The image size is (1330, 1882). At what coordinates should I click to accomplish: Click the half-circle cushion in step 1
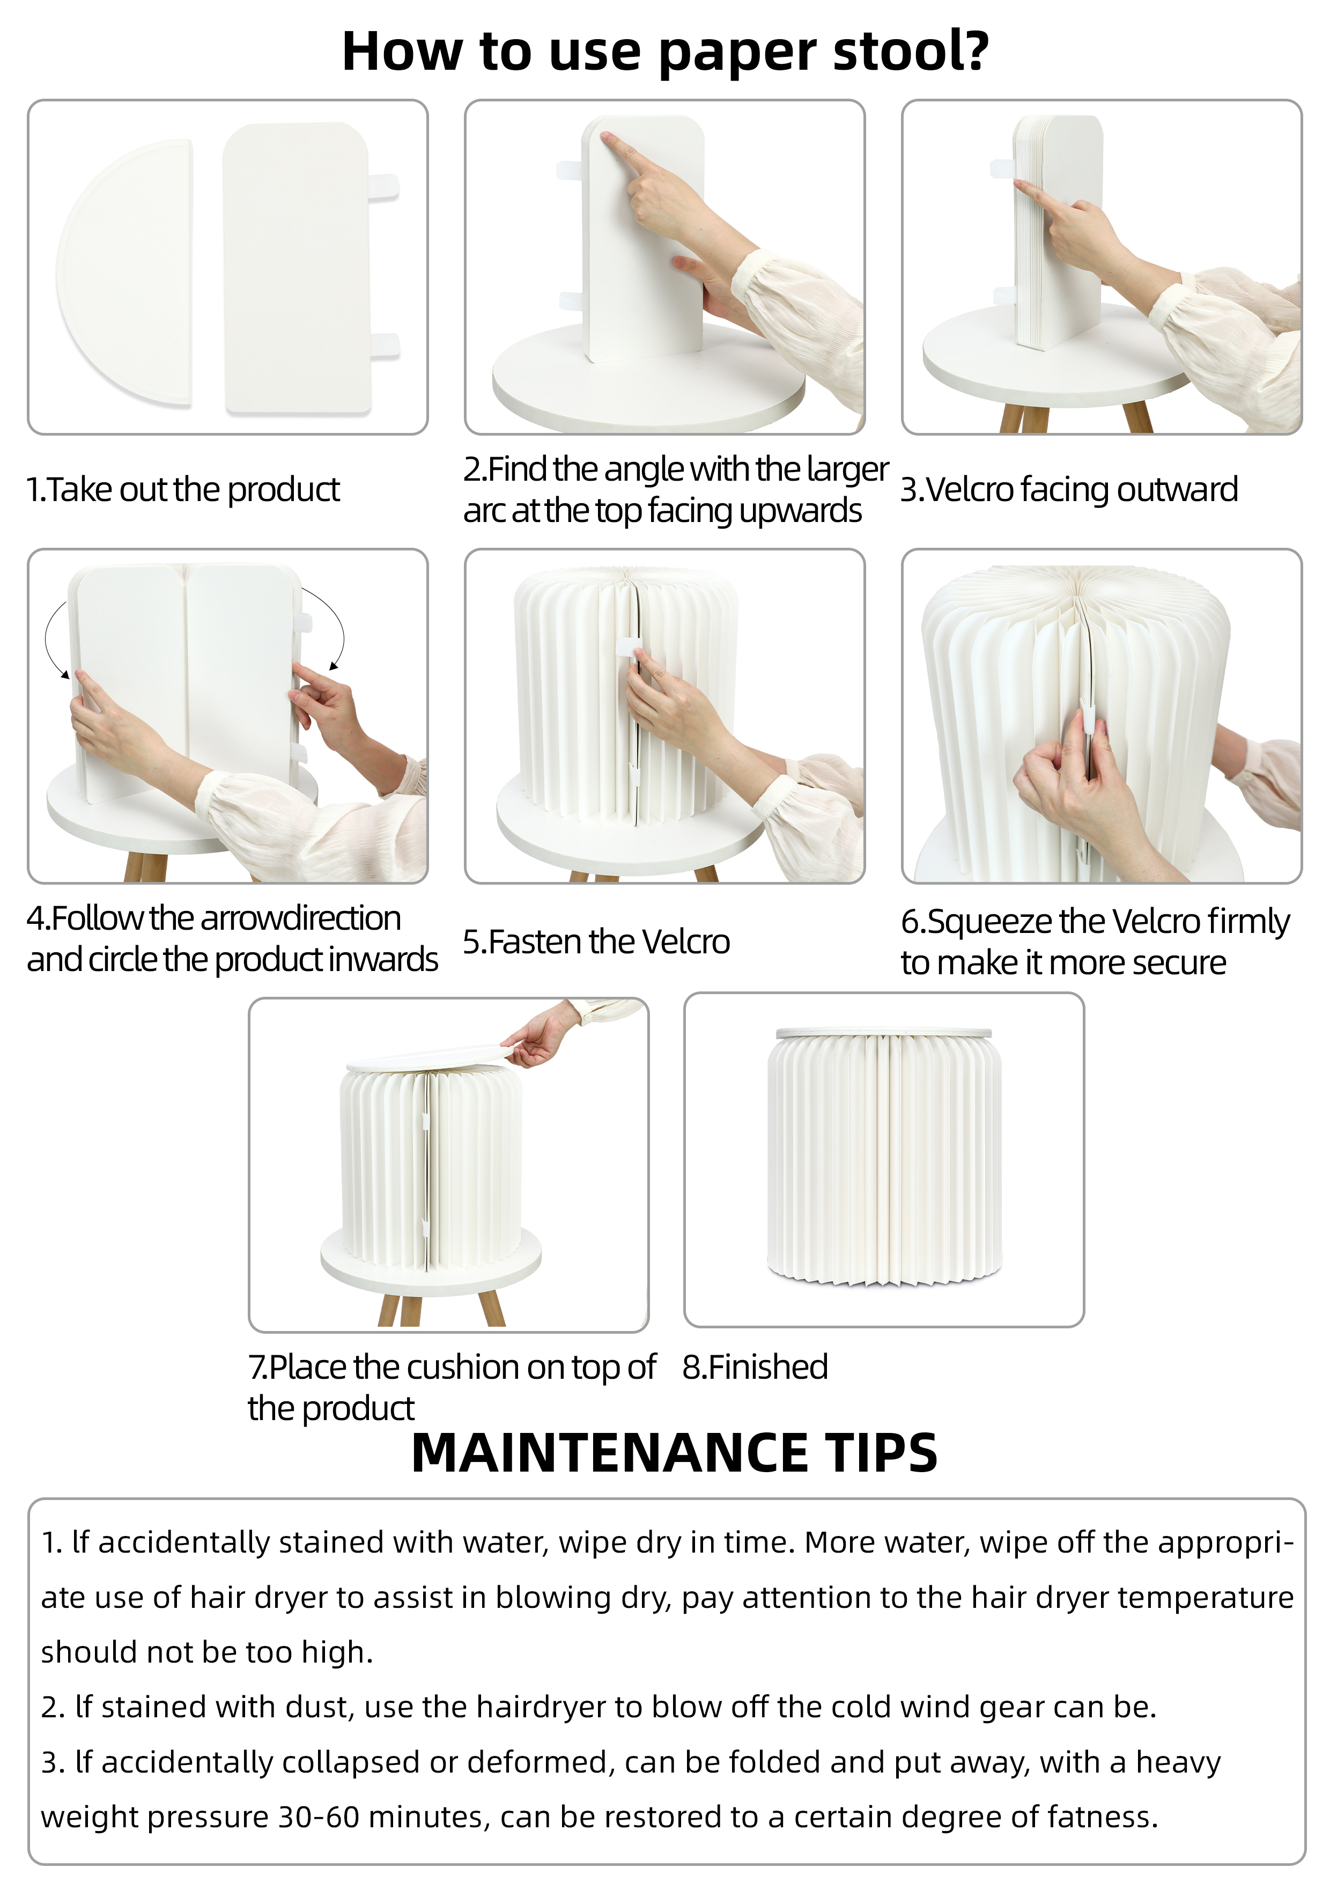tap(124, 272)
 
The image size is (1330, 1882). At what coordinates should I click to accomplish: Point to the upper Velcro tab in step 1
tap(383, 186)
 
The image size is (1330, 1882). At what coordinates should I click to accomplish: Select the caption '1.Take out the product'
tap(183, 489)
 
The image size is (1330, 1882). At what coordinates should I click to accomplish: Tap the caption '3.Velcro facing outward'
tap(1069, 489)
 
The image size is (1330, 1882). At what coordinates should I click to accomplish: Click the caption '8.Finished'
tap(755, 1367)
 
